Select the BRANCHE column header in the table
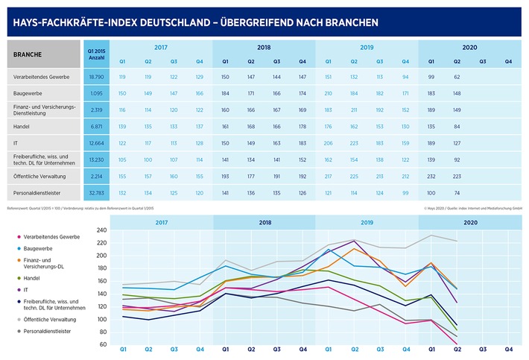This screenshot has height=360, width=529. [x=27, y=54]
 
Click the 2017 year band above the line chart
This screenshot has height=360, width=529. [x=161, y=221]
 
